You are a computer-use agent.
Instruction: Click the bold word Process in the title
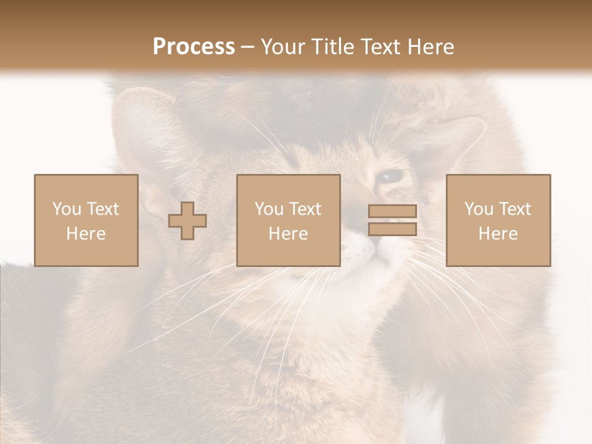[x=194, y=47]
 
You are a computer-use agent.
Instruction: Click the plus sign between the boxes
[x=187, y=220]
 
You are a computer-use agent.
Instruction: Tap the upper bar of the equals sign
[x=392, y=212]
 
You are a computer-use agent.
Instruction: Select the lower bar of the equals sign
[x=392, y=229]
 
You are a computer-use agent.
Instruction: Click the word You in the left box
[x=66, y=209]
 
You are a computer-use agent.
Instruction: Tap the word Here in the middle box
[x=288, y=234]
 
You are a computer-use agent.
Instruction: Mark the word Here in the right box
[x=498, y=234]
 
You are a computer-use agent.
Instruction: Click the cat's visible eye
[x=390, y=177]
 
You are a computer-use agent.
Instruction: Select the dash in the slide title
[x=247, y=47]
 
